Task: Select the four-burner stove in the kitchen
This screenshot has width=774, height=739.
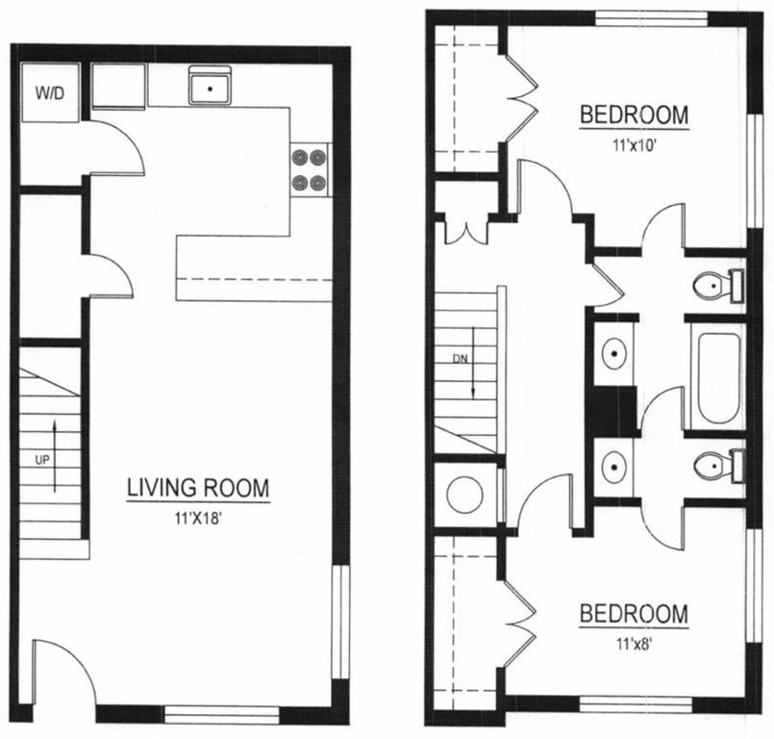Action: pyautogui.click(x=310, y=170)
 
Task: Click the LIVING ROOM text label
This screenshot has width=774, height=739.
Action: pyautogui.click(x=198, y=488)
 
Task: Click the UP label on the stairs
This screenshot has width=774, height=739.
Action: pyautogui.click(x=41, y=461)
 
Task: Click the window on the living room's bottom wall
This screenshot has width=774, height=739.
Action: pyautogui.click(x=221, y=714)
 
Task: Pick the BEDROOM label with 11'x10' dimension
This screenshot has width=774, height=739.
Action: pyautogui.click(x=633, y=115)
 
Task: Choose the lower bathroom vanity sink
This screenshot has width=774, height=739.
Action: pyautogui.click(x=612, y=467)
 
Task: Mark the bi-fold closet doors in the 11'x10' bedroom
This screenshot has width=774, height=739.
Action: pyautogui.click(x=517, y=96)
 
